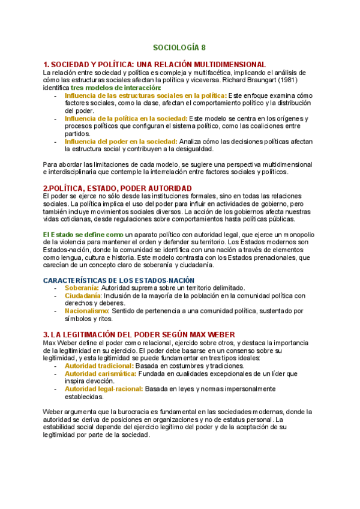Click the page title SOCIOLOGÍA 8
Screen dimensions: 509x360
tap(179, 47)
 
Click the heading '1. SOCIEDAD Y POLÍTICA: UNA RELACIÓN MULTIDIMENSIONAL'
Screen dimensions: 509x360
tap(155, 64)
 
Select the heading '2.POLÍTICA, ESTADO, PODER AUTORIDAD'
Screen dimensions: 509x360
tap(118, 188)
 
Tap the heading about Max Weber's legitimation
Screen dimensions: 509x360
tap(139, 334)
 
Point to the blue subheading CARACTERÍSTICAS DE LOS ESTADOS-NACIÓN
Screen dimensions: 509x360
tap(119, 280)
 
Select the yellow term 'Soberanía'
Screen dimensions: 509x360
tap(81, 288)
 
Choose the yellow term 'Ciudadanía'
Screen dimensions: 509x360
tap(83, 295)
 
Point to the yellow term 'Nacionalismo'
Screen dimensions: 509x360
tap(86, 311)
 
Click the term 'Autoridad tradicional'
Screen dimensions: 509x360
tap(98, 366)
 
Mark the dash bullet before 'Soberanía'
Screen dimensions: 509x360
tap(55, 288)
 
